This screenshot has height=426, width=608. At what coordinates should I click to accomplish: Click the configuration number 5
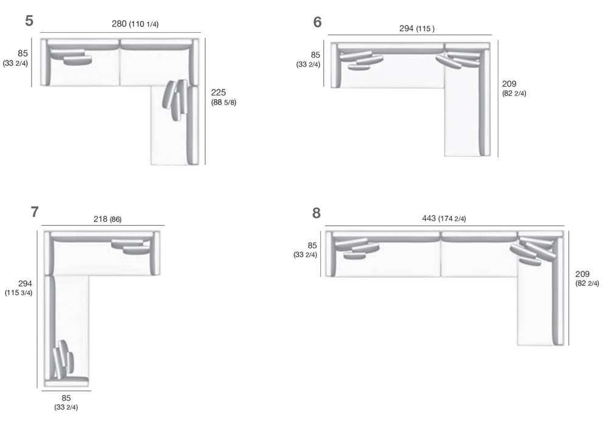(x=29, y=21)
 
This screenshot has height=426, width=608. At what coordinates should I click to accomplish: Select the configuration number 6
(x=317, y=22)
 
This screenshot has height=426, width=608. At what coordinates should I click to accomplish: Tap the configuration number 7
(x=35, y=212)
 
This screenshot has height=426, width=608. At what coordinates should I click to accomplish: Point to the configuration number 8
(x=316, y=213)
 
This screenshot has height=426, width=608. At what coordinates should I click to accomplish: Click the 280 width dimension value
(x=119, y=24)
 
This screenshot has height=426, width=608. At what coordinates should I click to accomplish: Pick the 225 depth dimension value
(x=218, y=93)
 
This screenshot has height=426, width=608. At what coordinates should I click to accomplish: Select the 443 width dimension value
(x=429, y=218)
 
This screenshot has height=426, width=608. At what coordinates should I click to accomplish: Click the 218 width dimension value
(x=100, y=219)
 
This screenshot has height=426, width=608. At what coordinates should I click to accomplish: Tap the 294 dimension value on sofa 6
(x=406, y=29)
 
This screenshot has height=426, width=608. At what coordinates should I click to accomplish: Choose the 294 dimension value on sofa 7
(x=25, y=284)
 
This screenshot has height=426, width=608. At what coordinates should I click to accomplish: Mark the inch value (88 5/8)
(x=224, y=102)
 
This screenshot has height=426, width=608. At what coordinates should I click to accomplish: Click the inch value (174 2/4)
(x=452, y=219)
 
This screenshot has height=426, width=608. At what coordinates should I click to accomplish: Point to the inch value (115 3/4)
(x=18, y=293)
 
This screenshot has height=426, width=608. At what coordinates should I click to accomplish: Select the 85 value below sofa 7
(x=66, y=398)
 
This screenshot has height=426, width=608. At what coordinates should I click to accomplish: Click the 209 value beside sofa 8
(x=582, y=274)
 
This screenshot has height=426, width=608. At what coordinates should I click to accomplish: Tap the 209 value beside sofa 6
(x=509, y=84)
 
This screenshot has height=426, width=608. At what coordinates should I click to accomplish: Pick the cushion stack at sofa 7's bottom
(x=63, y=360)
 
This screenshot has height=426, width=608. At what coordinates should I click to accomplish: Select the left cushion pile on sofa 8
(x=357, y=248)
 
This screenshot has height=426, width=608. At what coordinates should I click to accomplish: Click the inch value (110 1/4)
(x=144, y=24)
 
